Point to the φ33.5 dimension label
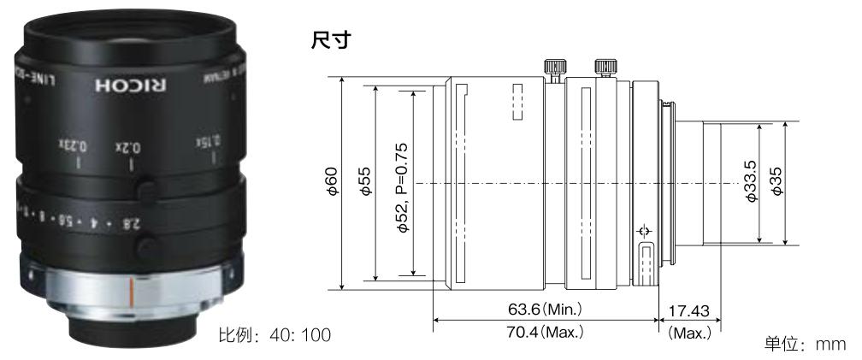(x=750, y=183)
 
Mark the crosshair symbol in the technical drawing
(x=643, y=232)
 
